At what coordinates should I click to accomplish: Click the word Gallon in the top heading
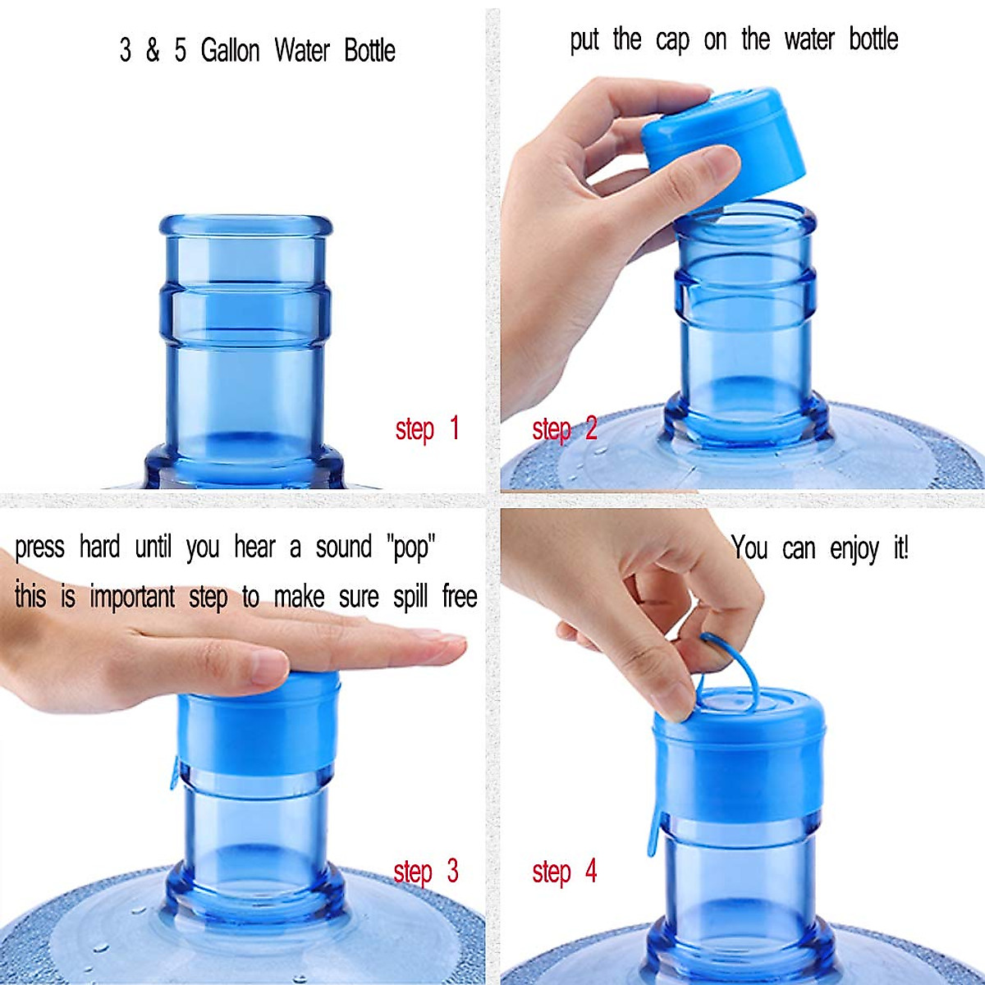click(230, 51)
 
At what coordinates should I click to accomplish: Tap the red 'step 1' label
click(427, 429)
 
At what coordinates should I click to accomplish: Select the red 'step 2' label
click(564, 429)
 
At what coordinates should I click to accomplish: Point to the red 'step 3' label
click(425, 872)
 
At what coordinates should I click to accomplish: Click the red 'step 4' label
click(564, 872)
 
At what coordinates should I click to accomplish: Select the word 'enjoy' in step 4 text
click(854, 549)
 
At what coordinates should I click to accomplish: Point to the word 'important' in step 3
click(132, 598)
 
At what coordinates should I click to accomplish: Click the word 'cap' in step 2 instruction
click(672, 40)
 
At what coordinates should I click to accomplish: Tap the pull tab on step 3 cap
click(175, 772)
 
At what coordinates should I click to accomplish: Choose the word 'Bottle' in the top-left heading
click(369, 51)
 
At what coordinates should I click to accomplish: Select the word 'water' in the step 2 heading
click(809, 40)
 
